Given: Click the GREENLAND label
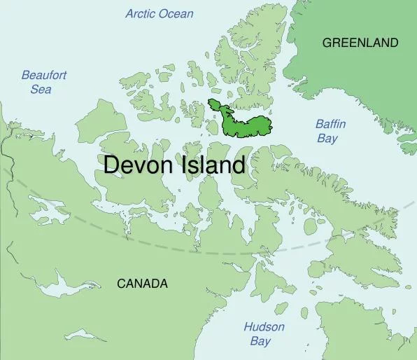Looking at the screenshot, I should coord(360,43).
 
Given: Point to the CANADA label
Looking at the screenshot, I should coord(142,284).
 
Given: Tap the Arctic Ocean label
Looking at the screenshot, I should coord(160,13).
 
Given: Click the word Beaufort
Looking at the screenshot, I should coord(44,75).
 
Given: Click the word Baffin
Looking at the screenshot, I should coord(330,124).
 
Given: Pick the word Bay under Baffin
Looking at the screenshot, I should coord(327,138).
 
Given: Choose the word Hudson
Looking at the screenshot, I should coord(264,327).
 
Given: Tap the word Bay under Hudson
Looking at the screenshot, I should coord(260,341).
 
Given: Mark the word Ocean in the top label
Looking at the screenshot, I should coord(176,13).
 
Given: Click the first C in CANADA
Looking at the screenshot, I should coord(121,284).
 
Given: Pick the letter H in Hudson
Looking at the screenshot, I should coord(248,327).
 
